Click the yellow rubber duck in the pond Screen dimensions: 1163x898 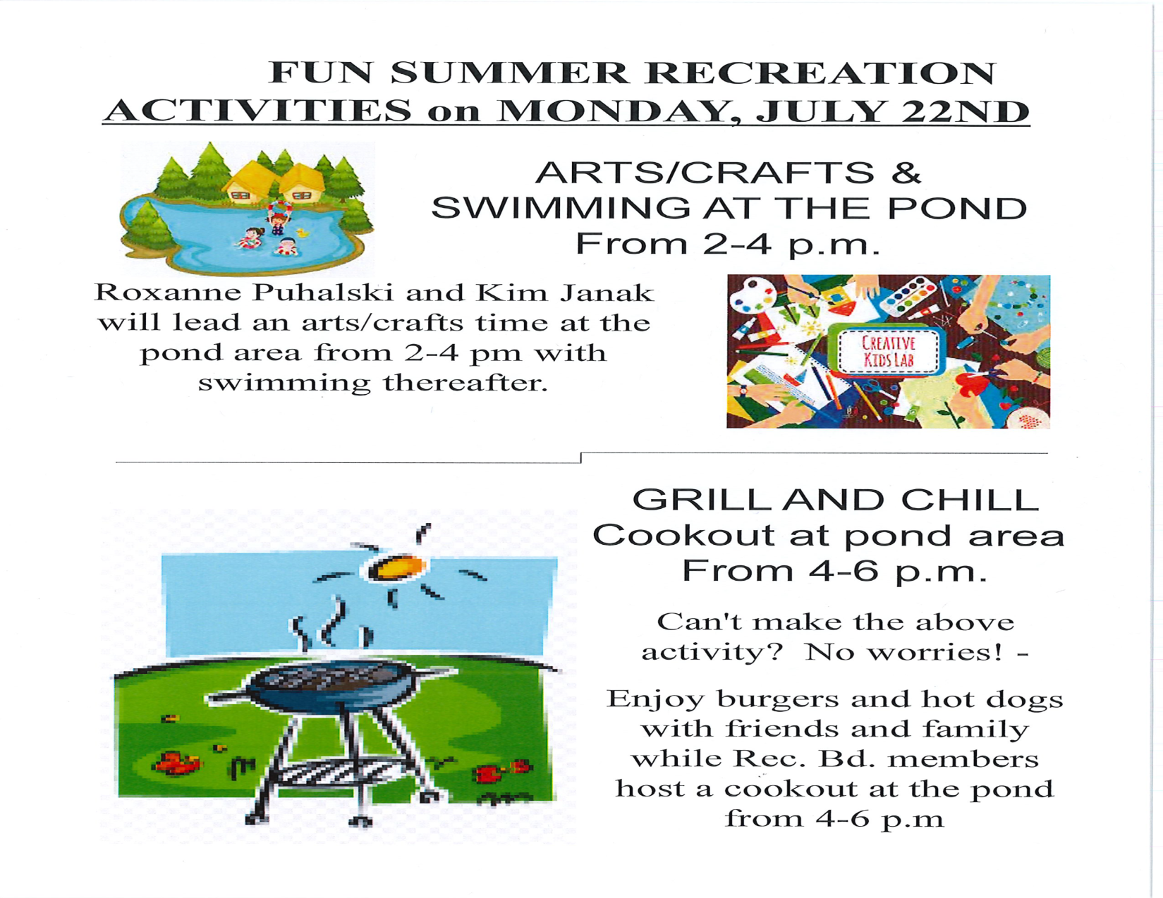[x=303, y=233]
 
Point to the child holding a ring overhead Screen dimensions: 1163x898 [x=276, y=216]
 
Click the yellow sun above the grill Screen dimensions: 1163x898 [x=396, y=567]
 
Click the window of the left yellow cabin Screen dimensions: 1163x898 [x=240, y=196]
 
